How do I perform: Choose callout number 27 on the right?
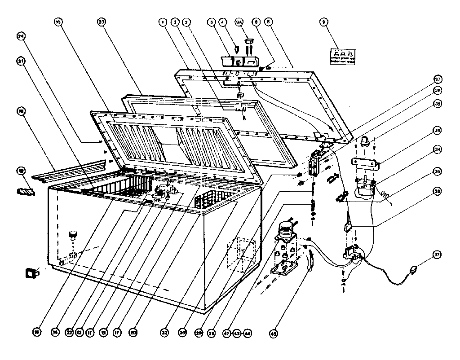point(437,79)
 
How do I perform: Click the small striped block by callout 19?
point(25,192)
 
